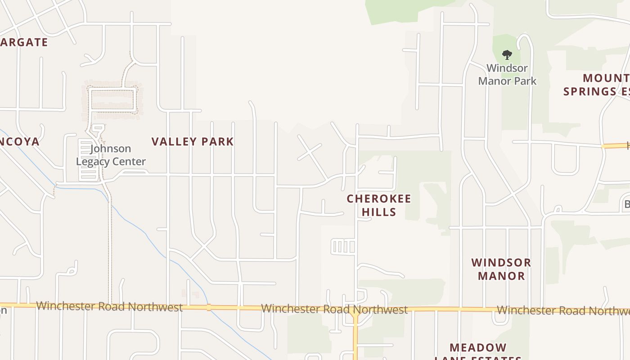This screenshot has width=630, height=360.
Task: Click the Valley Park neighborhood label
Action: click(x=193, y=142)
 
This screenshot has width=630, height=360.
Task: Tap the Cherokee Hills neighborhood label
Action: click(x=379, y=205)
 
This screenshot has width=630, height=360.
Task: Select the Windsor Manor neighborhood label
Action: click(x=501, y=269)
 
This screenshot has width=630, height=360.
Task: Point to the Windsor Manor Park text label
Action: click(x=507, y=75)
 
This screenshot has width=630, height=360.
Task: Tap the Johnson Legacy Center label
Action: click(x=111, y=155)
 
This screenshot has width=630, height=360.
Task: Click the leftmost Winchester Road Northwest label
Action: click(x=109, y=307)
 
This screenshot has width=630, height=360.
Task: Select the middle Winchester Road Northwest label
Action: click(x=334, y=310)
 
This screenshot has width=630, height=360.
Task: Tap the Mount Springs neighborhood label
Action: click(x=597, y=85)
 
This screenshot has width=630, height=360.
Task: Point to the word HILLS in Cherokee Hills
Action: click(x=379, y=212)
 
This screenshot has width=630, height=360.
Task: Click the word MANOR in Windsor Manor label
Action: click(x=501, y=276)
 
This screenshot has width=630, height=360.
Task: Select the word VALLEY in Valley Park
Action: click(x=173, y=142)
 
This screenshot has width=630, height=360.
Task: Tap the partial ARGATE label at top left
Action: click(x=24, y=42)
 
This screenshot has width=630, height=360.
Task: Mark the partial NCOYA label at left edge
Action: click(x=20, y=142)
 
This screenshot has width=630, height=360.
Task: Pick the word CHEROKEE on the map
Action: click(x=379, y=198)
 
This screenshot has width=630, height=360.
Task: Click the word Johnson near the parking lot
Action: click(x=111, y=148)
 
